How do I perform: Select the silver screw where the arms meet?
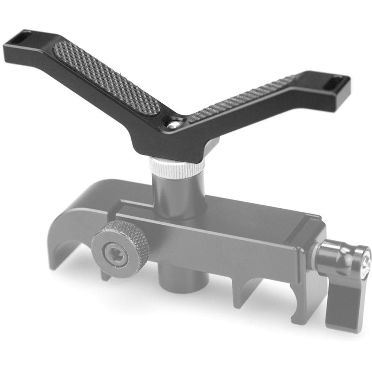click(172, 125)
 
